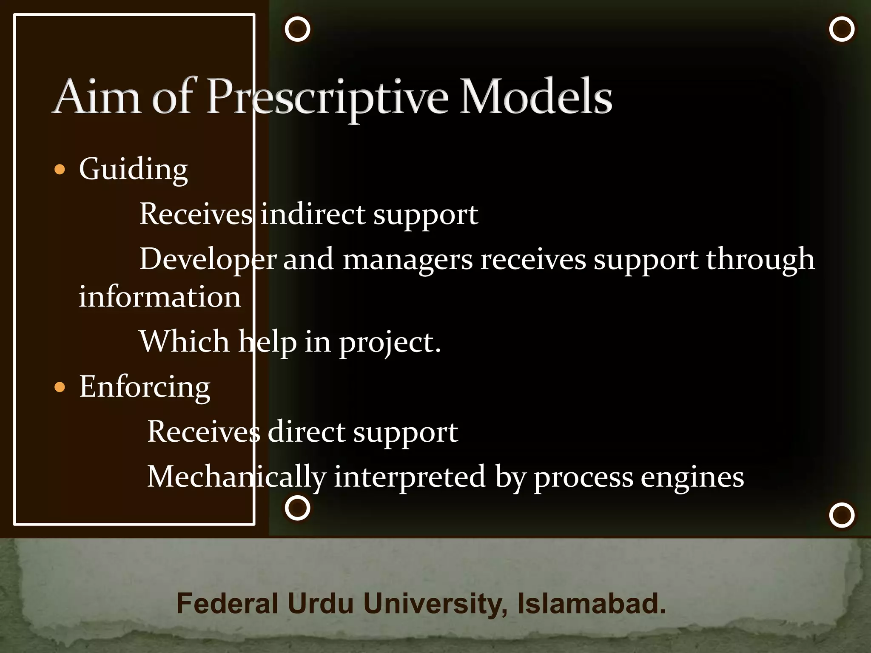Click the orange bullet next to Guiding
click(60, 170)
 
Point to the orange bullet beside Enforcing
click(60, 387)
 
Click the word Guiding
click(133, 170)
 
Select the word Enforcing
click(145, 387)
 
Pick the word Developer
click(208, 259)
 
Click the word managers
click(407, 259)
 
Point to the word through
click(760, 259)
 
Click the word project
click(390, 342)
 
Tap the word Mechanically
click(236, 477)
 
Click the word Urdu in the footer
click(320, 604)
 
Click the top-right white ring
click(842, 29)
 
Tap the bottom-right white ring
click(842, 515)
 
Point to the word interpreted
click(410, 477)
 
